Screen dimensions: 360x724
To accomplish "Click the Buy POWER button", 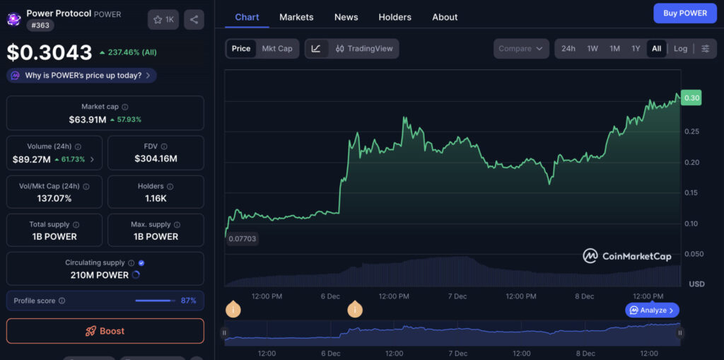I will coord(684,13).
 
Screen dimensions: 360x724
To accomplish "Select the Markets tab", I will coord(296,17).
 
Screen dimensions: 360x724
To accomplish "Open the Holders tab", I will coord(395,17).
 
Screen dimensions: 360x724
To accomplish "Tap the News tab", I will coord(346,17).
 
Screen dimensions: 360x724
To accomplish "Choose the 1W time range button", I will coord(592,49).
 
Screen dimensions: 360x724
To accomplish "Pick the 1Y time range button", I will coord(636,49).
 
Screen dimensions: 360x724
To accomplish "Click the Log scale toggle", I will coord(680,49).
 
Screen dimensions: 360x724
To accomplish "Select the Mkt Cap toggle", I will coord(277,49).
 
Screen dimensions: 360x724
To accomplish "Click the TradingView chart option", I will coord(363,49).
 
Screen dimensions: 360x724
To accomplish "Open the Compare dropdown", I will coord(520,49).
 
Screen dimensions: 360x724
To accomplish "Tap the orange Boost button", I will coord(105,331).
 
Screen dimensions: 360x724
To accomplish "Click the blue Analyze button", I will coord(653,310).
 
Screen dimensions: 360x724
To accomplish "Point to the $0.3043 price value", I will coord(49,52).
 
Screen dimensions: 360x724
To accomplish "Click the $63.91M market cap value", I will coord(88,120).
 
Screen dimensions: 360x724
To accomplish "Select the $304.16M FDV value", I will coord(156,158).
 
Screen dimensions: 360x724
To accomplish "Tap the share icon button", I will coord(194,20).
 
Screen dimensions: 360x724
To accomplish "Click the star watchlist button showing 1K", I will coord(163,20).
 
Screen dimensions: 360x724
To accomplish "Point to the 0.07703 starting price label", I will coord(242,239).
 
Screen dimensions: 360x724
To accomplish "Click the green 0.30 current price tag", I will coord(691,98).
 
